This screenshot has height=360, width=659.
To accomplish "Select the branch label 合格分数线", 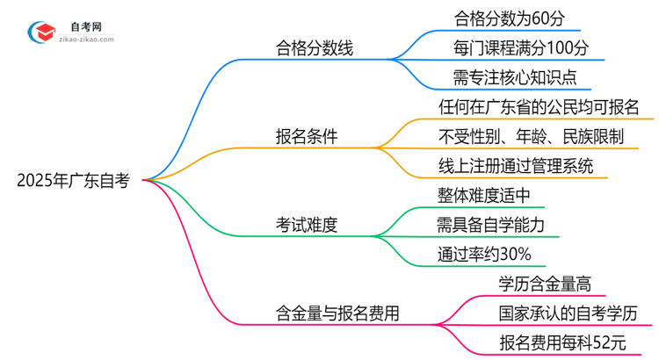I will click(314, 49).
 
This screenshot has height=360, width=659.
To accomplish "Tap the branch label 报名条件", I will click(307, 137).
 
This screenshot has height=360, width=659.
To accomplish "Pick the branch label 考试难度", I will click(307, 225).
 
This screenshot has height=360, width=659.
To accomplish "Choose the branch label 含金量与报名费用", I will click(337, 313).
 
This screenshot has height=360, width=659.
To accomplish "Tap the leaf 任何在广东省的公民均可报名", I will click(539, 106).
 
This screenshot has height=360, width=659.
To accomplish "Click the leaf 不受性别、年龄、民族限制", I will click(531, 136).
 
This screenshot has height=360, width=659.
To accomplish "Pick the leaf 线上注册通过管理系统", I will click(515, 165).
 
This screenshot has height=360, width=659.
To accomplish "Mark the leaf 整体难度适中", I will click(484, 195).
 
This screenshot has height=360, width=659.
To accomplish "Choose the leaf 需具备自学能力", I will click(491, 225).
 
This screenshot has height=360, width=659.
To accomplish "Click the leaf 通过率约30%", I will click(483, 255).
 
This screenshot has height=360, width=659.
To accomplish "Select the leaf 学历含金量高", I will click(545, 283).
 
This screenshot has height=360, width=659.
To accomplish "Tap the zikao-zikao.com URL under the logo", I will click(90, 40).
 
